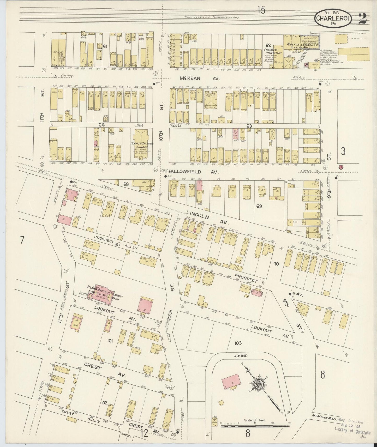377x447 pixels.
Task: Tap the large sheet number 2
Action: pos(362,18)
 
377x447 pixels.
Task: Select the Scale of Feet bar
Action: pos(255,426)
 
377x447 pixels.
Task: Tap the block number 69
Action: pos(259,206)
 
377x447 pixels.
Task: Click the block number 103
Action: pos(238,343)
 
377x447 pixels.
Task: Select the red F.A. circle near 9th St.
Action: pos(341,167)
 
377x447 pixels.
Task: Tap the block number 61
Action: pos(105,46)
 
